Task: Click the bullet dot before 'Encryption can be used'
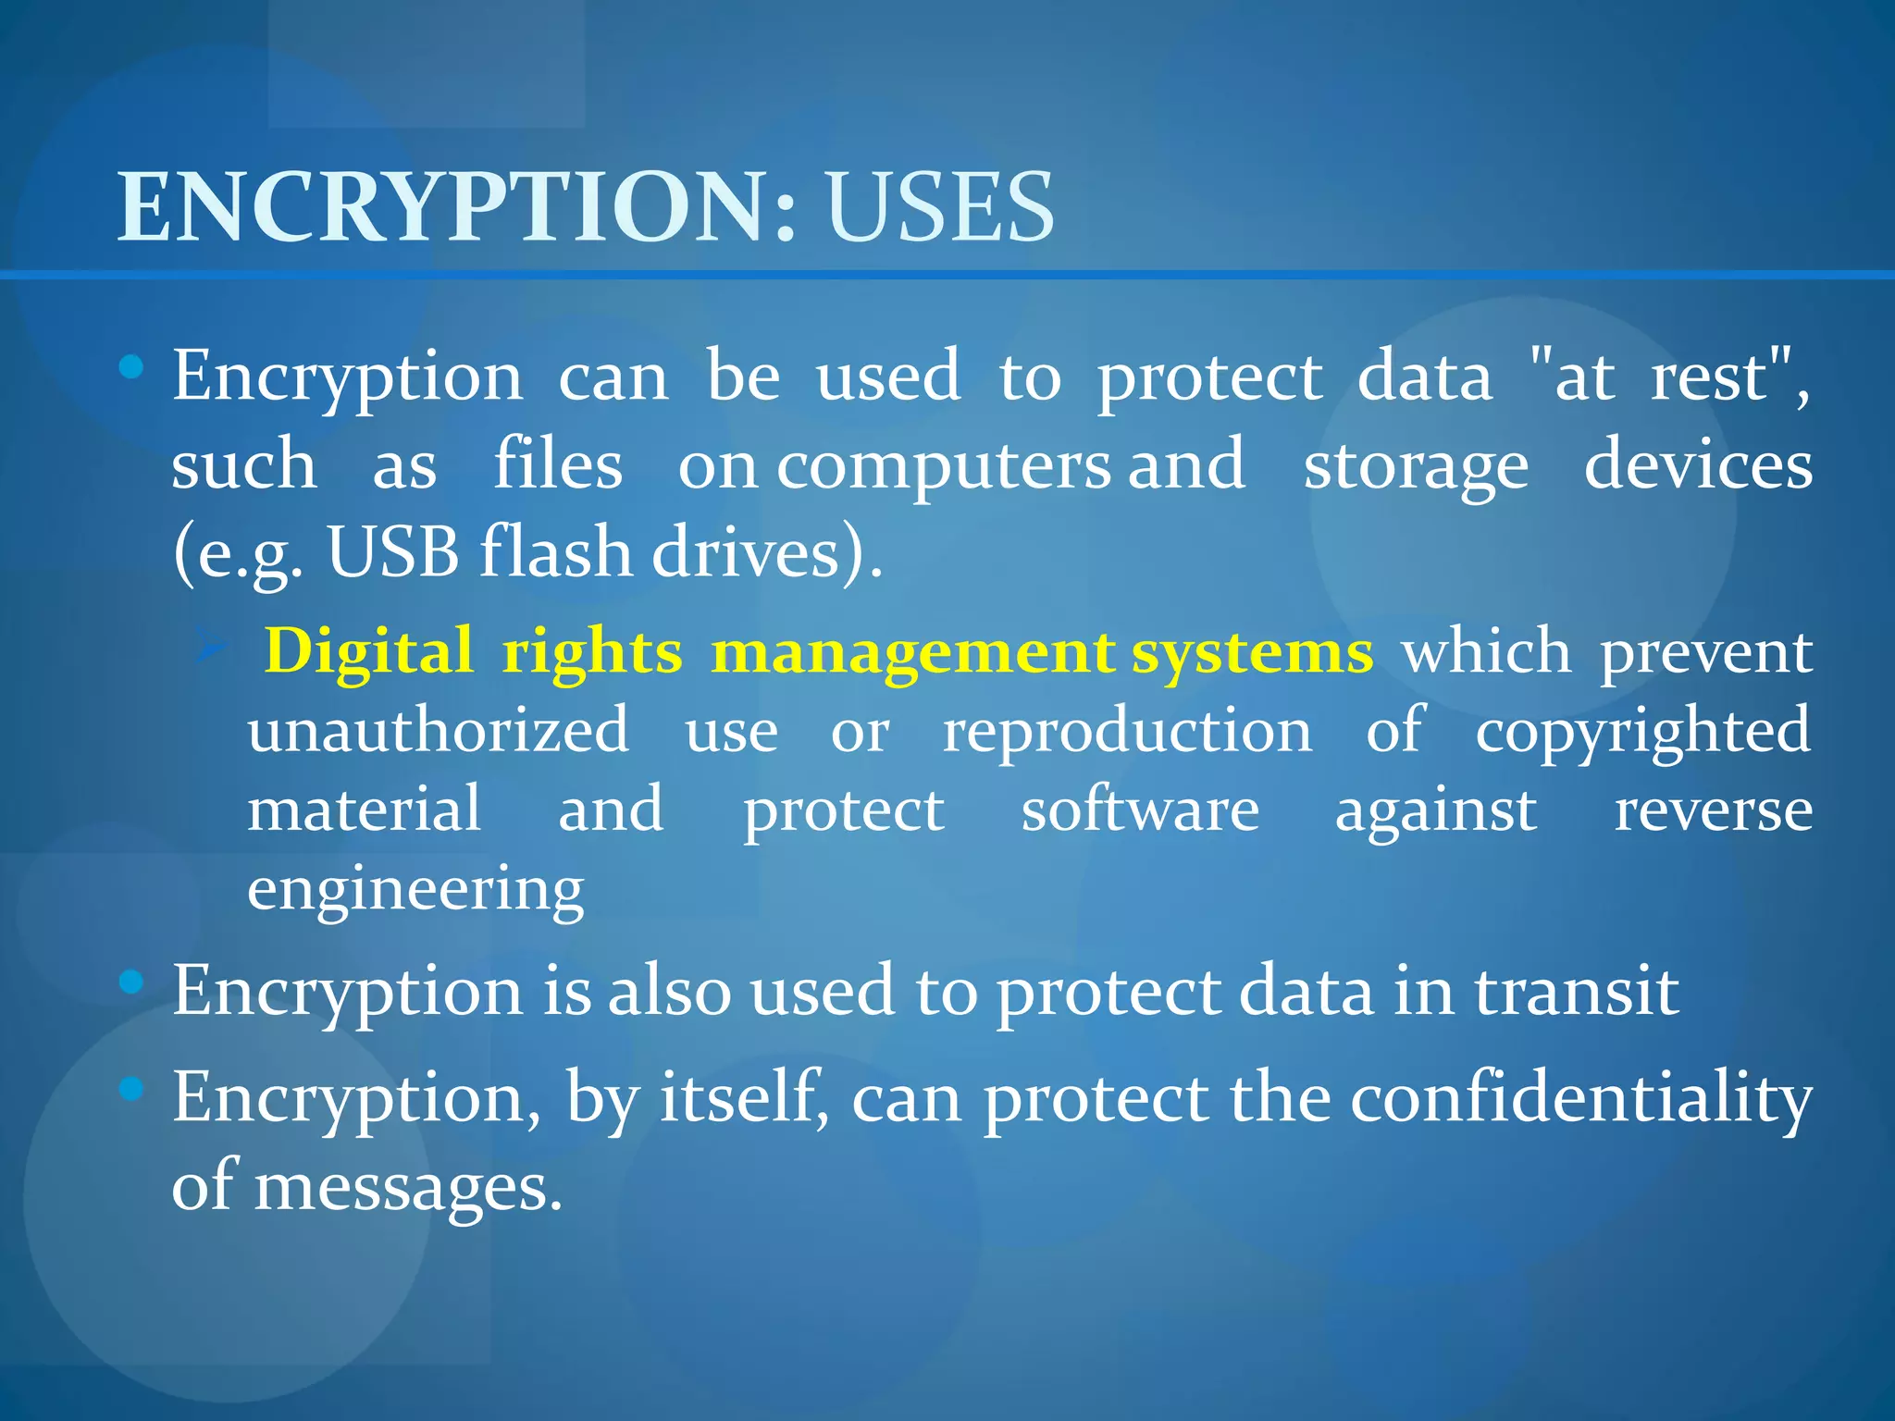click(x=132, y=368)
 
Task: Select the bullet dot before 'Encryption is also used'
click(x=132, y=982)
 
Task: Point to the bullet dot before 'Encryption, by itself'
click(x=132, y=1088)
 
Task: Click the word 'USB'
click(x=393, y=553)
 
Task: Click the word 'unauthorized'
click(x=439, y=730)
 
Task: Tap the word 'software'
click(x=1140, y=810)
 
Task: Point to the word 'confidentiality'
click(x=1580, y=1100)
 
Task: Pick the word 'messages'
click(x=408, y=1188)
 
